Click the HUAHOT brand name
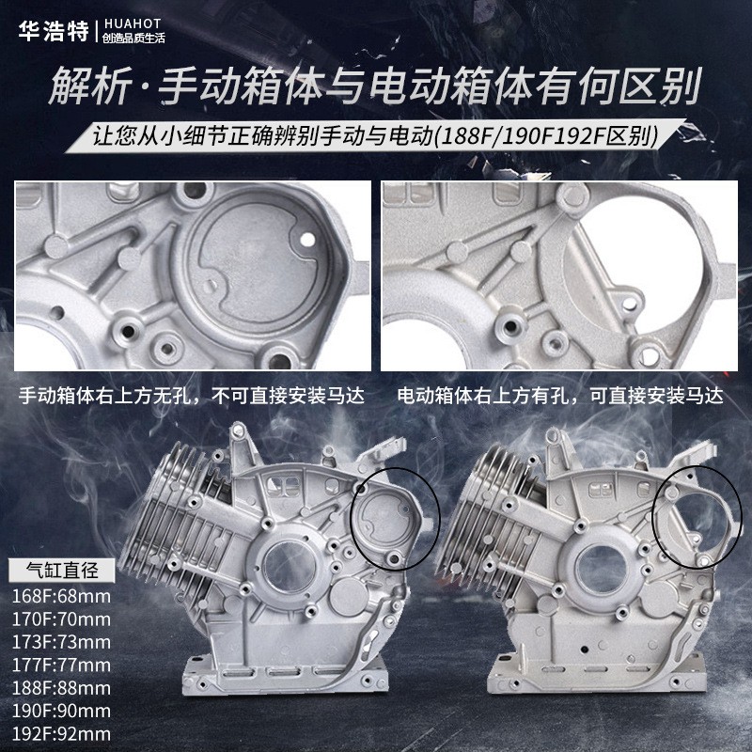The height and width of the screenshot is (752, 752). pos(132,23)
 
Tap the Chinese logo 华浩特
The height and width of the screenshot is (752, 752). pos(54,31)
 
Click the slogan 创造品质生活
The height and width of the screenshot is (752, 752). pos(133,38)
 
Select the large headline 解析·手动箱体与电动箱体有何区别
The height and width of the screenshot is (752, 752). pos(375,86)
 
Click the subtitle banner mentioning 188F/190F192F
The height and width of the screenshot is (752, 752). pos(374,135)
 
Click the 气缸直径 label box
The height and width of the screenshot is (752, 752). pos(62,571)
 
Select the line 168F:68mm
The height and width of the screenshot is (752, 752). pos(61,596)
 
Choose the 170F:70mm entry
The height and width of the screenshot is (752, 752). pos(61,619)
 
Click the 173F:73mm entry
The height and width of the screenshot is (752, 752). pos(61,642)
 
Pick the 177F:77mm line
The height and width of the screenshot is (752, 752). pos(61,665)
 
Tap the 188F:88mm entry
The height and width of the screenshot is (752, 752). pos(61,688)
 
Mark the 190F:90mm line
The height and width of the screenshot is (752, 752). pos(61,711)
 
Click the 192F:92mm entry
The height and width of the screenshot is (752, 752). pos(61,733)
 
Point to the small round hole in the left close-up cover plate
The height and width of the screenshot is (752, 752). pos(307,239)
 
